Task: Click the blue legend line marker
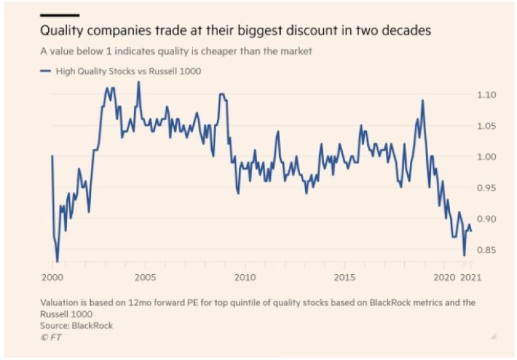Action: pyautogui.click(x=45, y=71)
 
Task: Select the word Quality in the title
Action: pyautogui.click(x=61, y=30)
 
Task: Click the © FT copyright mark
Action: pyautogui.click(x=50, y=337)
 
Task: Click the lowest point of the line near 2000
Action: pyautogui.click(x=57, y=262)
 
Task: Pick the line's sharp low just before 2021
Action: pyautogui.click(x=464, y=255)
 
